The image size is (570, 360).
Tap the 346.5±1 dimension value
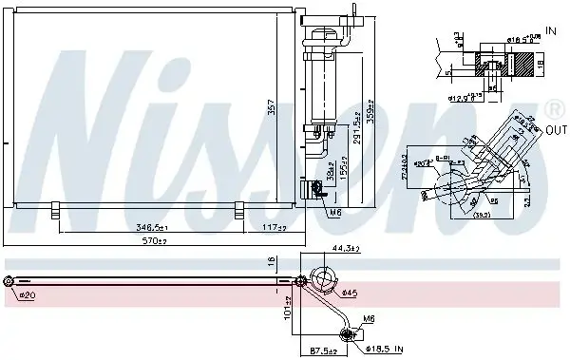[152, 228]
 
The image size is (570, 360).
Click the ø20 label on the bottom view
[28, 294]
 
